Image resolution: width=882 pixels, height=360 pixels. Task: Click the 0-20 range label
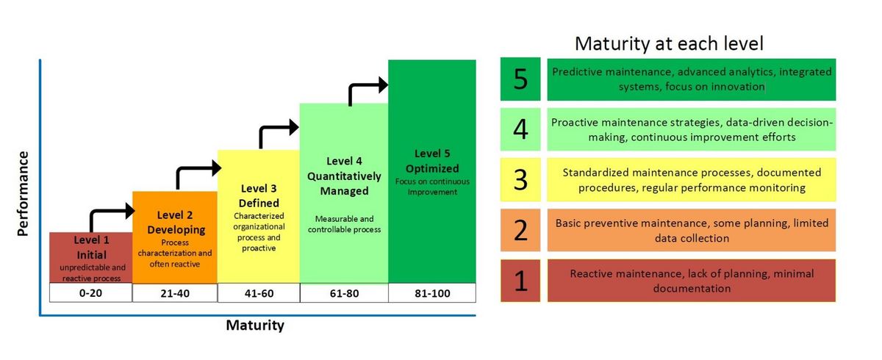(90, 293)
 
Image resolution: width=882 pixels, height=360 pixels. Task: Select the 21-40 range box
(175, 293)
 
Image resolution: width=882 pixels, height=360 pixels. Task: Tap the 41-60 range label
(259, 293)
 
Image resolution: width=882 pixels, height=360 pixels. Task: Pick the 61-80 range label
(344, 293)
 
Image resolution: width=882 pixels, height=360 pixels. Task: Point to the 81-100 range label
(432, 293)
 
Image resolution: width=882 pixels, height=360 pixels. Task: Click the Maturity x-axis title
(255, 325)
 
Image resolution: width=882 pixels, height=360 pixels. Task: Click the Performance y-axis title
(23, 193)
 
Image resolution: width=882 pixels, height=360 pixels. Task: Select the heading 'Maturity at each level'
(669, 43)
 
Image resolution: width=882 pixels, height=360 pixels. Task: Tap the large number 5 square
(520, 79)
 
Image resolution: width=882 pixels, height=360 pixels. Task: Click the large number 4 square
(520, 129)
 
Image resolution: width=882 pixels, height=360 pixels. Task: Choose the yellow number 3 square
(520, 180)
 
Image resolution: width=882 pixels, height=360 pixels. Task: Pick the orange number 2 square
(520, 230)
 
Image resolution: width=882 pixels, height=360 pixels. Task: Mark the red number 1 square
(520, 281)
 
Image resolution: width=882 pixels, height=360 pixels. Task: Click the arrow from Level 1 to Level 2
(107, 212)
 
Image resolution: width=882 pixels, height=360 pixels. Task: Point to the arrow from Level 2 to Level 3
(193, 168)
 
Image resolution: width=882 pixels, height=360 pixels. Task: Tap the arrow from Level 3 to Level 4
(276, 128)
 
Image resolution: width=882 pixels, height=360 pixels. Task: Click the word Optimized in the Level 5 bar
(432, 169)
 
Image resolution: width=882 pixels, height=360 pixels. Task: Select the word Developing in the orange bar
(176, 230)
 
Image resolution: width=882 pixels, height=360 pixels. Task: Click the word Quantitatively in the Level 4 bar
(344, 176)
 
